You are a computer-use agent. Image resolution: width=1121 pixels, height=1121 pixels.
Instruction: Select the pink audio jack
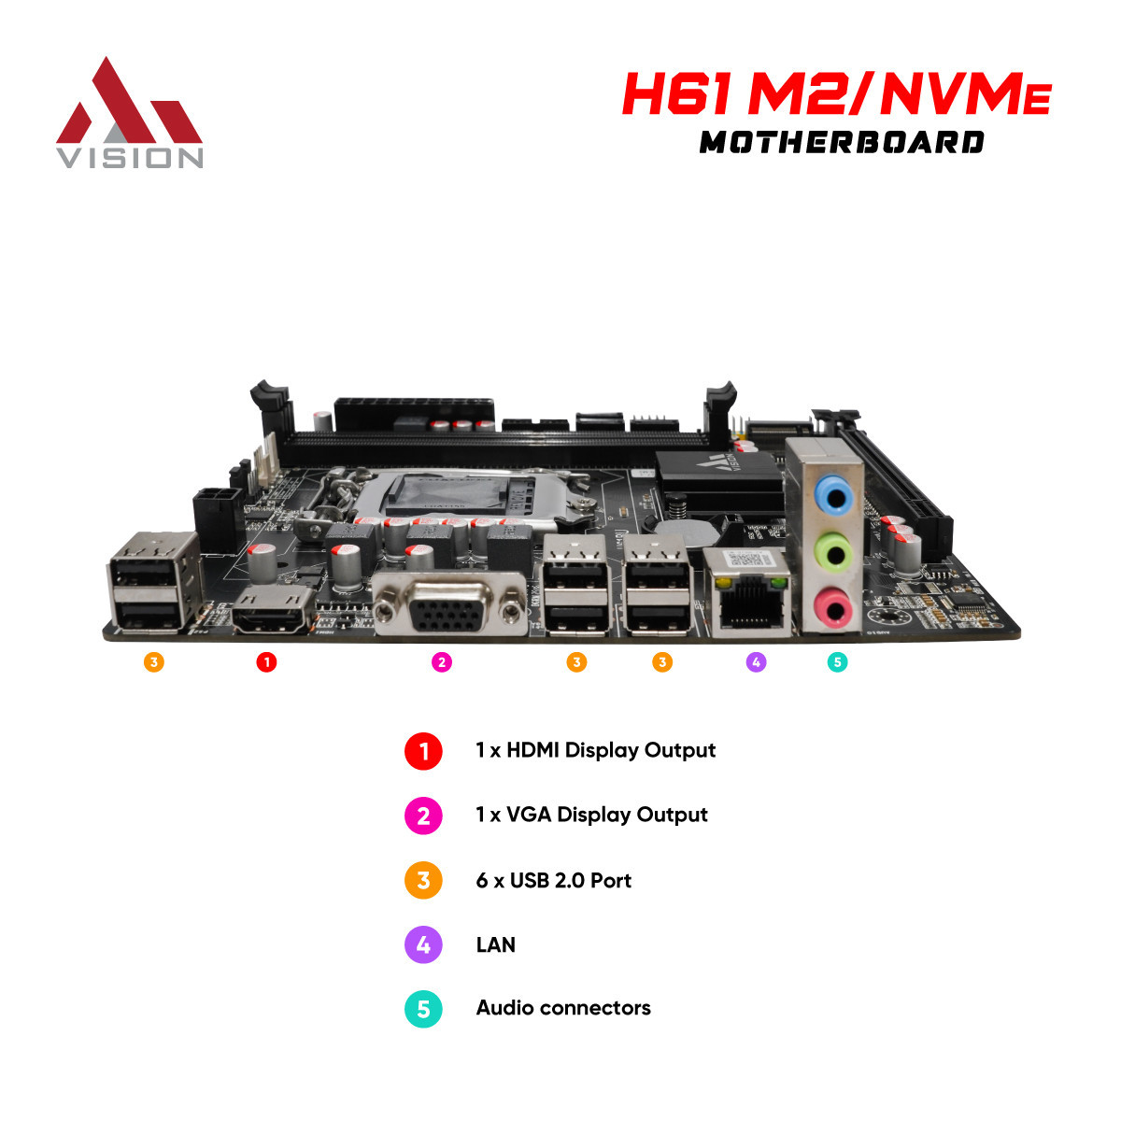click(835, 609)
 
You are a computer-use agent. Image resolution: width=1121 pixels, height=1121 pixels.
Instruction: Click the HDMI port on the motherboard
click(272, 611)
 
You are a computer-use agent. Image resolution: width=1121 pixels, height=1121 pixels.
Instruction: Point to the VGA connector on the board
click(448, 603)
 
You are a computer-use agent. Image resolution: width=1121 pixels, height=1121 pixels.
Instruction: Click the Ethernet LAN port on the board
click(747, 591)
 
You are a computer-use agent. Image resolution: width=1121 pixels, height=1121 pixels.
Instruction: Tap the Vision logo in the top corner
click(129, 113)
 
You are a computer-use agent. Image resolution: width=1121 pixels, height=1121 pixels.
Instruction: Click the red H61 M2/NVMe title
click(836, 93)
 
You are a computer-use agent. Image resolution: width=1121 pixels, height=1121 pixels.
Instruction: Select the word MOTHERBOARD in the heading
click(841, 143)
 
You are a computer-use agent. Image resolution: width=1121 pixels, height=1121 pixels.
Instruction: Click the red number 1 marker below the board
click(266, 662)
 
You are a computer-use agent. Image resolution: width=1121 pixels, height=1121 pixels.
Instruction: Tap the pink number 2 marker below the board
click(442, 662)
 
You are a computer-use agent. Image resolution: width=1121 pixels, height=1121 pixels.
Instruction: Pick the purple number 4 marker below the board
click(756, 662)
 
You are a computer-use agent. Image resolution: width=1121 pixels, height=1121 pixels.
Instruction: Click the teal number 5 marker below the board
click(837, 662)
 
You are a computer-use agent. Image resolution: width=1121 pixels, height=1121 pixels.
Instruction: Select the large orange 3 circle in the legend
click(423, 880)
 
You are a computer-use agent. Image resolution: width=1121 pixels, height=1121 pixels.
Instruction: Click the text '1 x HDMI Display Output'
click(596, 750)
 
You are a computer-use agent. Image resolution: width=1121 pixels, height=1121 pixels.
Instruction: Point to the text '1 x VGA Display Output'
click(591, 815)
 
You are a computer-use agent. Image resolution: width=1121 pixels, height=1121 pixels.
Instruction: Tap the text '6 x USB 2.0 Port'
click(553, 880)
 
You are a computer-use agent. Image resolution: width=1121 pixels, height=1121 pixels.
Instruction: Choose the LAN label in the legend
click(496, 944)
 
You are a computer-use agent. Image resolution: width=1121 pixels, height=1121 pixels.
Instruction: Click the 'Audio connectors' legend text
click(563, 1008)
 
